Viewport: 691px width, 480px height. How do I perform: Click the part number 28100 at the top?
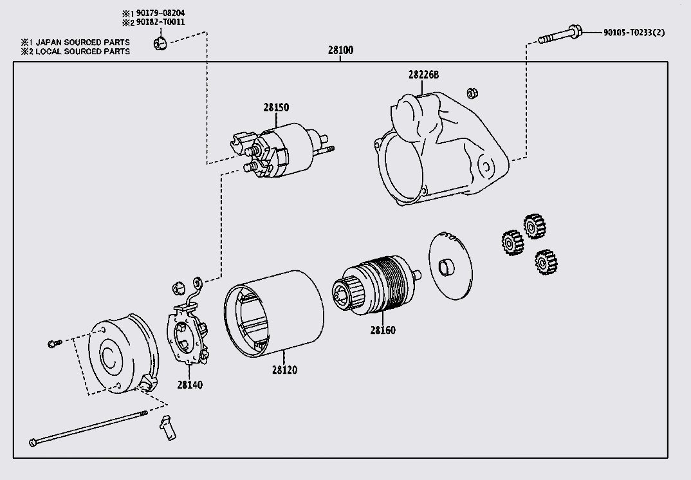340,50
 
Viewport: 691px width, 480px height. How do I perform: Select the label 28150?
275,107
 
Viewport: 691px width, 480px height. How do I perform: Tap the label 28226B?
423,75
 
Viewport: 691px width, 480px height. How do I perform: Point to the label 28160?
383,330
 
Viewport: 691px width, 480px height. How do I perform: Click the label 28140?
190,385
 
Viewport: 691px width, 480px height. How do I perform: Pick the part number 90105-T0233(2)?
634,33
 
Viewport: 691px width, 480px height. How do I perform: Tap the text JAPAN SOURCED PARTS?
84,42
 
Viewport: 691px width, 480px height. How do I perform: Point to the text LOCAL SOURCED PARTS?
84,51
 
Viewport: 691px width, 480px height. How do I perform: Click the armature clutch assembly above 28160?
376,283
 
